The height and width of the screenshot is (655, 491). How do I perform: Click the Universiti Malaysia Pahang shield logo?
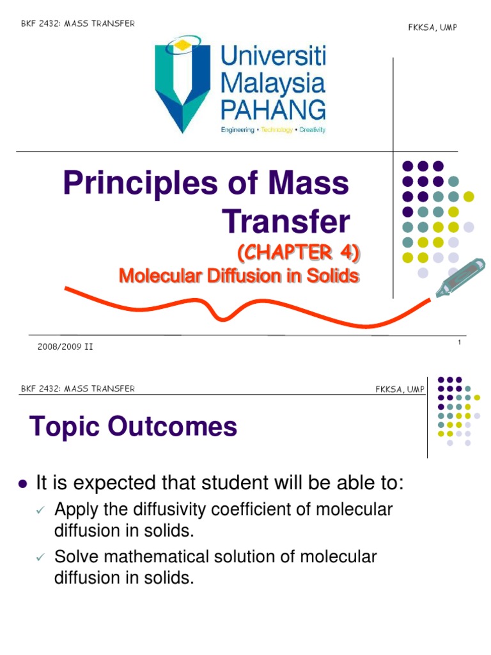(x=183, y=83)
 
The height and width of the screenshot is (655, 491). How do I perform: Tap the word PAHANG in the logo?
(x=272, y=110)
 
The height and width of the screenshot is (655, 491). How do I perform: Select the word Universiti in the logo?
(x=273, y=56)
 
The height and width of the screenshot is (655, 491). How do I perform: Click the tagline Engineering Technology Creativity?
(x=273, y=130)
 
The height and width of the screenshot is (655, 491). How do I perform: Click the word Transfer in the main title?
(x=286, y=222)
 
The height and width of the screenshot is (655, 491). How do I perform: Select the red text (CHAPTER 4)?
(x=298, y=253)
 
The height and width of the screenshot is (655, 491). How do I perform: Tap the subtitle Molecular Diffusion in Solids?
(x=239, y=276)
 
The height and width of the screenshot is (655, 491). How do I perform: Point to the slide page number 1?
(x=459, y=343)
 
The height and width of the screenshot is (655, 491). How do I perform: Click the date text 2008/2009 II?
(x=65, y=347)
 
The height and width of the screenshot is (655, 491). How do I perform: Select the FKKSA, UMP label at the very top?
(x=434, y=27)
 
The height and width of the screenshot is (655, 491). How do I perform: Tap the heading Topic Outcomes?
(x=133, y=427)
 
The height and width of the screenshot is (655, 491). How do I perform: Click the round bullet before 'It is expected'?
(x=23, y=484)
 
